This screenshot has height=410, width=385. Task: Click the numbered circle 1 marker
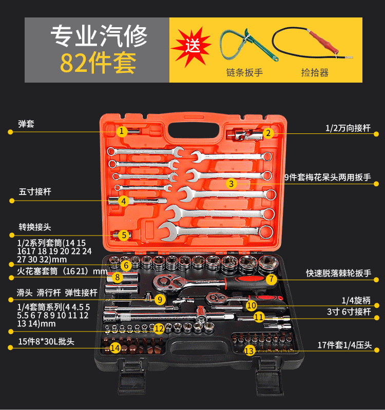pos(121,131)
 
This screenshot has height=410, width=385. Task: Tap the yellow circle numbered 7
pos(272,279)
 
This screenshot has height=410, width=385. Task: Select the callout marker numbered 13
pos(249,351)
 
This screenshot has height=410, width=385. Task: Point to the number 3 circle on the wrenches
pos(232,183)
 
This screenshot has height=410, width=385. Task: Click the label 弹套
pos(26,124)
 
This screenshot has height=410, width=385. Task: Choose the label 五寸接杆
pos(35,191)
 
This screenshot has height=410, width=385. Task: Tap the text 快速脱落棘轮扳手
pos(338,273)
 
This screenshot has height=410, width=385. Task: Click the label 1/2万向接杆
pos(348,127)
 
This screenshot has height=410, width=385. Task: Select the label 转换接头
pos(35,226)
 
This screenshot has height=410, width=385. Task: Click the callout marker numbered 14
pos(116,348)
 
